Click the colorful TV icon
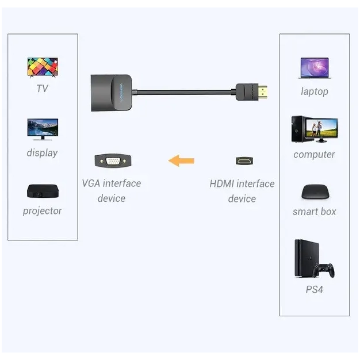coord(42,67)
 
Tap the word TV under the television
coord(42,89)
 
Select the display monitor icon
coord(42,129)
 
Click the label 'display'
coord(42,153)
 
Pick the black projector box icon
coord(42,192)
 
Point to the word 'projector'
coord(42,211)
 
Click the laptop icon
coord(314,68)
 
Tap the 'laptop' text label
coord(314,91)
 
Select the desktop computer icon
coord(314,129)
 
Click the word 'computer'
coord(314,155)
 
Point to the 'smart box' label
coord(314,212)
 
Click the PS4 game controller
coord(324,270)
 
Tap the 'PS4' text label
coord(314,290)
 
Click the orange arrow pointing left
coord(181,160)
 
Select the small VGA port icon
coord(112,160)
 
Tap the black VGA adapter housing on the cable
coord(112,91)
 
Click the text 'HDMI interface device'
coord(242,191)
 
